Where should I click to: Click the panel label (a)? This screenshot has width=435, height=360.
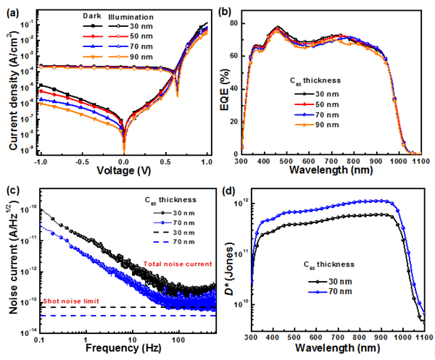click(x=12, y=10)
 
